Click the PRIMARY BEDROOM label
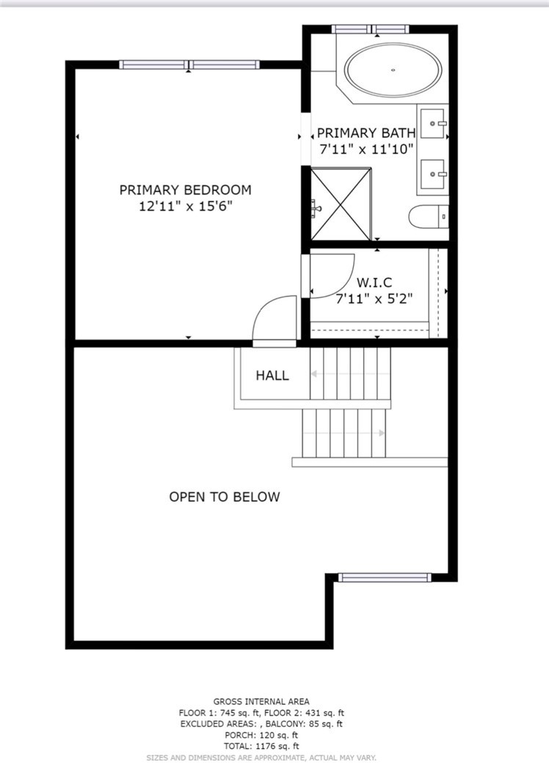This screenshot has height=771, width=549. tap(186, 190)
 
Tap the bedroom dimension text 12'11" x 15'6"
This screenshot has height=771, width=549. tap(186, 206)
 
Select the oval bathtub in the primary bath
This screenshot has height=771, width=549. tap(393, 70)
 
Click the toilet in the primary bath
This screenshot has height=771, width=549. tap(429, 217)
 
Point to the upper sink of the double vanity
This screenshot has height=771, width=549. tap(433, 123)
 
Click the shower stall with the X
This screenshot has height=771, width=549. tap(341, 204)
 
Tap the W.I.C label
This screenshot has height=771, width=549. tap(374, 282)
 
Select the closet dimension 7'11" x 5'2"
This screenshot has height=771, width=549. tap(374, 299)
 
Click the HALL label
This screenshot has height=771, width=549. tap(272, 376)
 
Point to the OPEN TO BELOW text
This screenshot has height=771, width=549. tap(225, 497)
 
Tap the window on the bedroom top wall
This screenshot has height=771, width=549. tap(189, 65)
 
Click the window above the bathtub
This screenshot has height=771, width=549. tap(370, 29)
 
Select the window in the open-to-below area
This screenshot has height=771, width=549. tap(385, 578)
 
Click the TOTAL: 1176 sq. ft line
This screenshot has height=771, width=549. tap(261, 746)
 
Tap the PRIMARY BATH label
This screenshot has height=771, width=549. tap(366, 133)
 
